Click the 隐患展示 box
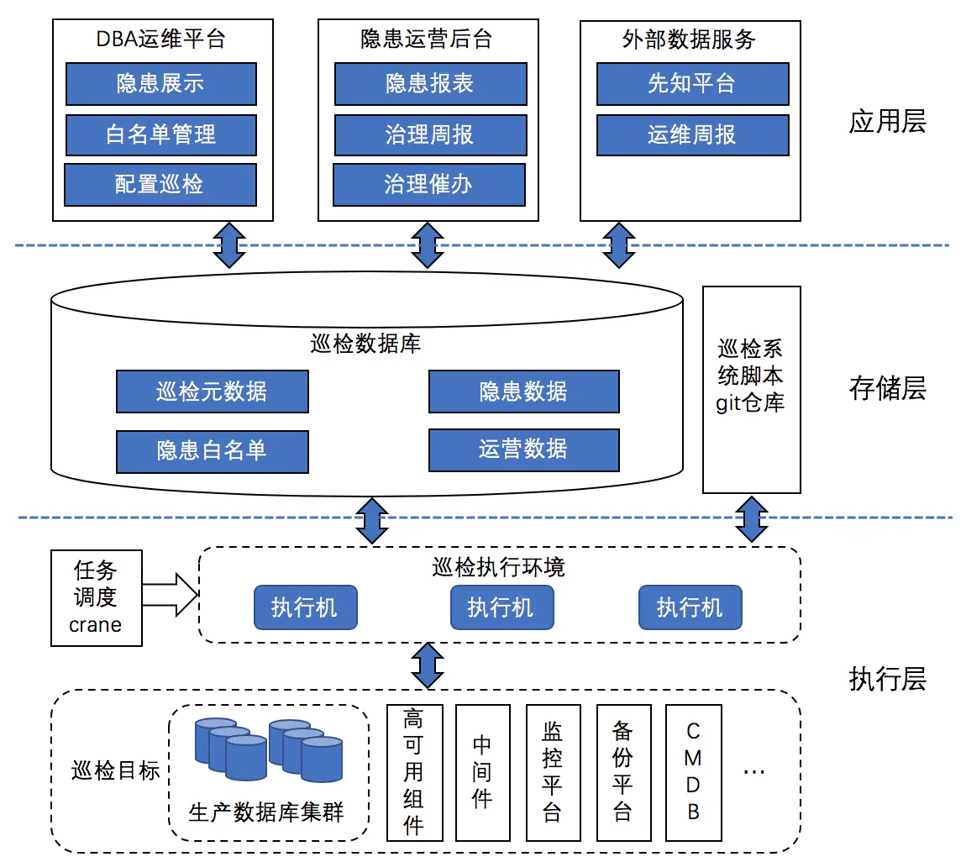(x=160, y=83)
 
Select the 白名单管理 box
(x=160, y=134)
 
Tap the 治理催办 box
(x=428, y=185)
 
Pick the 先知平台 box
(x=692, y=83)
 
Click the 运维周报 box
(x=692, y=134)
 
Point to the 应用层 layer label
(x=887, y=123)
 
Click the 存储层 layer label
(x=887, y=388)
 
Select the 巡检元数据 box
(x=212, y=392)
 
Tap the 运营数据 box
(x=523, y=449)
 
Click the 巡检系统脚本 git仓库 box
(x=751, y=389)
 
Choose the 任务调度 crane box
(x=96, y=597)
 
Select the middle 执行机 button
(x=501, y=607)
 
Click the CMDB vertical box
(x=693, y=772)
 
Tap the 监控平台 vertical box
(x=552, y=772)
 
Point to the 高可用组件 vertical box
(x=413, y=772)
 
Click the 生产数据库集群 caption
(x=266, y=812)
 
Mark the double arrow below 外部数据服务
(x=619, y=244)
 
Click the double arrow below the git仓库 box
(x=751, y=518)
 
